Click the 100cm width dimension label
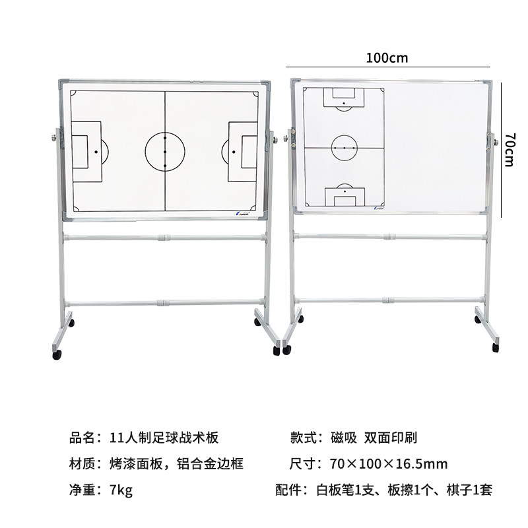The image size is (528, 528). coord(388,57)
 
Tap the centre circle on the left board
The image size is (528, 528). coord(165,152)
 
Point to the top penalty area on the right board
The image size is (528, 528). coord(343,98)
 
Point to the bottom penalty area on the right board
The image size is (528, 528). coord(343,196)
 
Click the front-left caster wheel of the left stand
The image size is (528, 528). coord(57,354)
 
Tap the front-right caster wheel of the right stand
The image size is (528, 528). coord(494,346)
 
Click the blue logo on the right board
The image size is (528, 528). coord(380,208)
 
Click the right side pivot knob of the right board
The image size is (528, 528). coord(491,141)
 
